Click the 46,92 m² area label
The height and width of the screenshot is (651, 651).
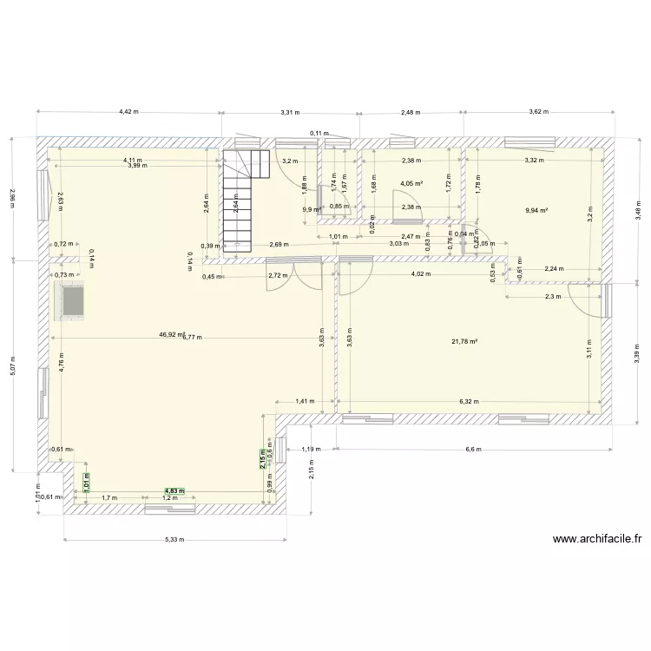(171, 333)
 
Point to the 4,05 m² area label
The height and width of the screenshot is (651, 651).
(411, 184)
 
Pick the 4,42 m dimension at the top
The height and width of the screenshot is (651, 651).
(128, 111)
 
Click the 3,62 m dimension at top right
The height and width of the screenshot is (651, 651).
(539, 111)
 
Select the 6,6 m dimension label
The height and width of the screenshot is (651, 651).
(473, 450)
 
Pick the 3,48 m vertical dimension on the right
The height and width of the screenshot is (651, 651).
(637, 209)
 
